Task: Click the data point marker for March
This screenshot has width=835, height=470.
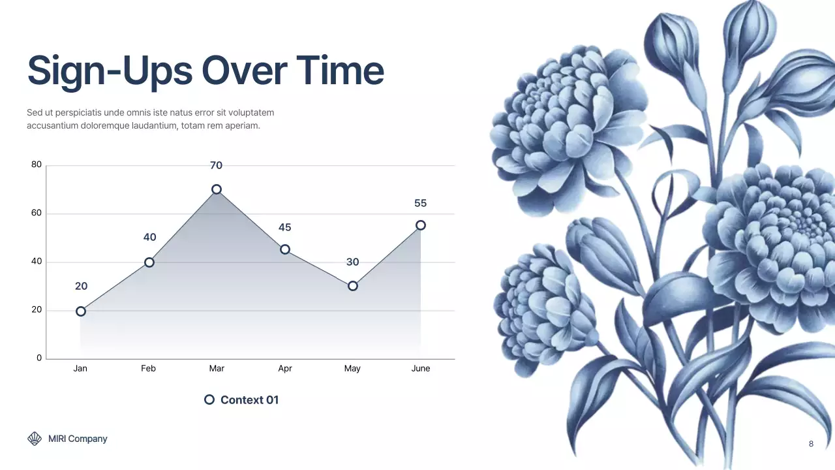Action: click(x=216, y=189)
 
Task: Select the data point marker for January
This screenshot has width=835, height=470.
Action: click(x=80, y=311)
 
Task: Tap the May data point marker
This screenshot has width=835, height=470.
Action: click(x=352, y=286)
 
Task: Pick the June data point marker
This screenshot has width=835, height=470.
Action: click(x=421, y=225)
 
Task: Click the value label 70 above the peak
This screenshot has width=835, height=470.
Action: click(x=216, y=166)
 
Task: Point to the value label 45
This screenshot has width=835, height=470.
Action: click(x=284, y=228)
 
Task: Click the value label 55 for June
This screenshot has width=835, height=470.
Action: click(x=421, y=204)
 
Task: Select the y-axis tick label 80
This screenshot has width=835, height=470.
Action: click(x=37, y=165)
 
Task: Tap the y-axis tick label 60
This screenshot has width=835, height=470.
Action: click(x=37, y=213)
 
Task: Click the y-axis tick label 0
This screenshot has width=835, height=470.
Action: click(x=39, y=358)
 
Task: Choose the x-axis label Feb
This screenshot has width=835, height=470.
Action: click(x=148, y=369)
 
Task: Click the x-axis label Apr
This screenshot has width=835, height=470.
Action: click(x=284, y=369)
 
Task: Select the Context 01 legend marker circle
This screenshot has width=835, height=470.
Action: click(x=209, y=399)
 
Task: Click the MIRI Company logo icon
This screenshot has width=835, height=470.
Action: click(x=35, y=439)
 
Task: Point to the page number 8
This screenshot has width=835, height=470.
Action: click(x=811, y=444)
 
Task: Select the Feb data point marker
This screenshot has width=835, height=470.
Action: click(x=149, y=262)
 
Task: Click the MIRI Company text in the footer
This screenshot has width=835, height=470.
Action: click(x=78, y=439)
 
